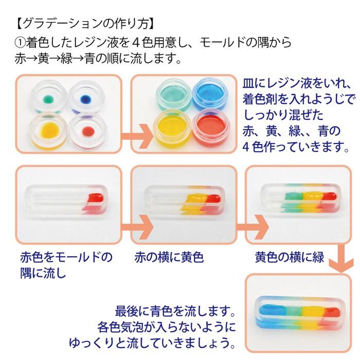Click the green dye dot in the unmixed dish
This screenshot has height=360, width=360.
point(49,99)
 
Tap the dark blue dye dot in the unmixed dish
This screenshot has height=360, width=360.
point(86,99)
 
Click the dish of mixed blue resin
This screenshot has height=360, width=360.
point(208,95)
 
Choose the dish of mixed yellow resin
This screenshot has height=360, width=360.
point(172,128)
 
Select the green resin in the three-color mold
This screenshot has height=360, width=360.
point(294,196)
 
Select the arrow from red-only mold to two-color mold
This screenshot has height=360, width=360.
point(137,227)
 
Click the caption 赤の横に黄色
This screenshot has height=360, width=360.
point(169,257)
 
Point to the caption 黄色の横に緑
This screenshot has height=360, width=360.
point(289,257)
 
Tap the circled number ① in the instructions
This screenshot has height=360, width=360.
point(20,43)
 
